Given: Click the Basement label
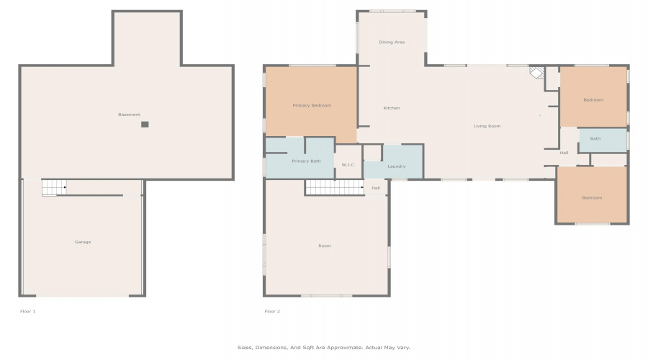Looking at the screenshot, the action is (x=129, y=114).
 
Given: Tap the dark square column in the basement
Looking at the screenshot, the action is (x=145, y=125).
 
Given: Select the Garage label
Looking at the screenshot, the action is (x=83, y=242).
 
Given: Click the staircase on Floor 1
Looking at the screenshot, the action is (x=54, y=187).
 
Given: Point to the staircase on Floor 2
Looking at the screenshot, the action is (x=335, y=187).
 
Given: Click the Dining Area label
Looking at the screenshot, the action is (x=392, y=42).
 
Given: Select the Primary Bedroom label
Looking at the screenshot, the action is (x=312, y=105).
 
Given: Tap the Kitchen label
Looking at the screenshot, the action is (x=392, y=108).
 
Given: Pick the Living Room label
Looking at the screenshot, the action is (x=487, y=126).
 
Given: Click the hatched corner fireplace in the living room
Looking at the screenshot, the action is (x=538, y=73).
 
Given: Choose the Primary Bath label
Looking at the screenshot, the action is (x=306, y=161).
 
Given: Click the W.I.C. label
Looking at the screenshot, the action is (x=348, y=165).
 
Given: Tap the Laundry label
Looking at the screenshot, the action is (x=396, y=166).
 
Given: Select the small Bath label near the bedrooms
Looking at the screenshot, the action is (x=595, y=138).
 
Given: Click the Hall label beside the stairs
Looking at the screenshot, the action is (x=376, y=188).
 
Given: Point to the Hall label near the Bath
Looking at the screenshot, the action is (x=564, y=153).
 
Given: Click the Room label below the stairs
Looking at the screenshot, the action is (x=325, y=246).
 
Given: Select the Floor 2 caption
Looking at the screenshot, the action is (x=272, y=311).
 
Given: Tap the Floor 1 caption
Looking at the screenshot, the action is (x=27, y=311).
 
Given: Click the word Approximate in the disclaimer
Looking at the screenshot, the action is (x=345, y=348).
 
